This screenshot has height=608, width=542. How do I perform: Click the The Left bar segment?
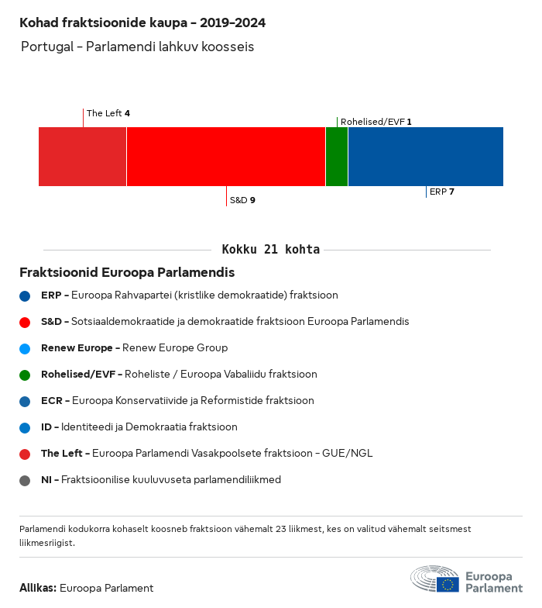click(82, 157)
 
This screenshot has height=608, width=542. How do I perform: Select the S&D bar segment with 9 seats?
click(225, 157)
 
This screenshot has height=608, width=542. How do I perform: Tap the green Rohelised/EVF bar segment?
click(337, 157)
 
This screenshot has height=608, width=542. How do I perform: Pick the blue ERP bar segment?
click(425, 157)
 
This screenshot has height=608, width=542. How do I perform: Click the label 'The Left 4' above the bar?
click(108, 113)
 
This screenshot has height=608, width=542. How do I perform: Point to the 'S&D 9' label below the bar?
click(242, 200)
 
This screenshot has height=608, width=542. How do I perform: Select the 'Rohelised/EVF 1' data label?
click(376, 122)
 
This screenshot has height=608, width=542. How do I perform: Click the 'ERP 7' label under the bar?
click(441, 192)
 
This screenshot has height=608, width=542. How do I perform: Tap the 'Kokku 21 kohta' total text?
click(270, 250)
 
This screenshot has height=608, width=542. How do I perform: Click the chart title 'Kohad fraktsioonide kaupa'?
click(142, 22)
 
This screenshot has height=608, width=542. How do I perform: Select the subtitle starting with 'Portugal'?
click(138, 47)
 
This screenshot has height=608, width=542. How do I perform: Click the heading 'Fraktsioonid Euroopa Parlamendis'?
click(127, 273)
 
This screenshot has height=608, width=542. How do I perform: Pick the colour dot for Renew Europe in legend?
click(25, 348)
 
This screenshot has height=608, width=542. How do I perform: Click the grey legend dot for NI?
click(25, 480)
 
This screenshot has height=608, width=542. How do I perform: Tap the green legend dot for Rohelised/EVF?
click(25, 375)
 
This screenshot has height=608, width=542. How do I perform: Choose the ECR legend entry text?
click(177, 401)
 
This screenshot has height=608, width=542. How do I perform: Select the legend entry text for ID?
click(139, 427)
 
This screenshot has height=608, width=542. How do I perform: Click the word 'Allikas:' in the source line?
click(38, 588)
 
